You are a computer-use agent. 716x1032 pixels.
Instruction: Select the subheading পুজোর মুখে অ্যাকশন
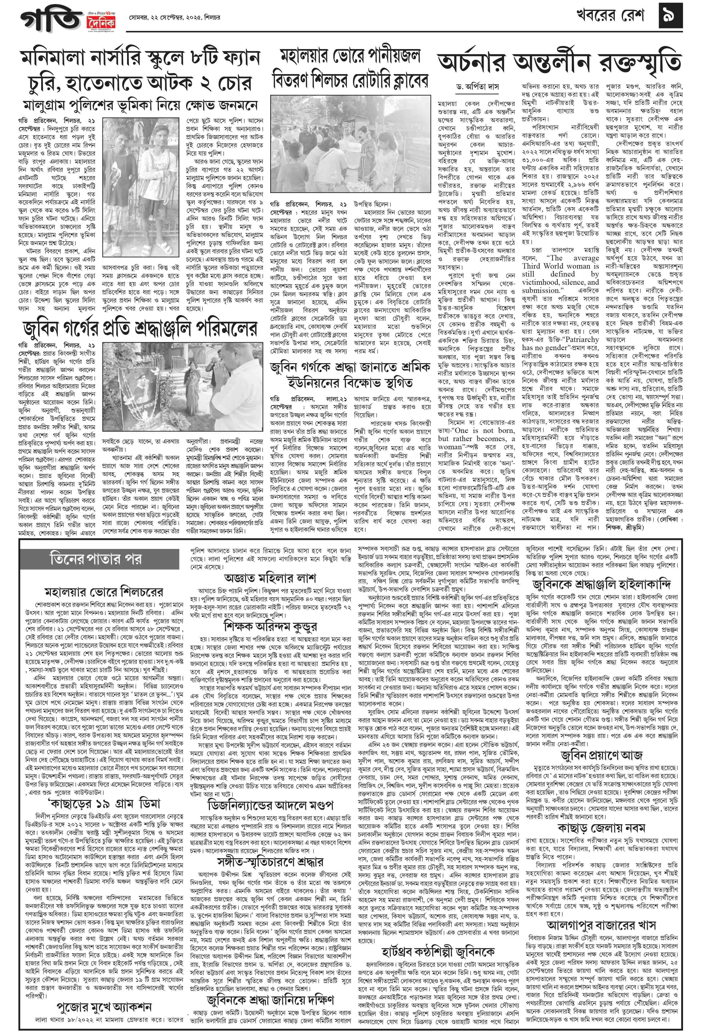(x=104, y=1003)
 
